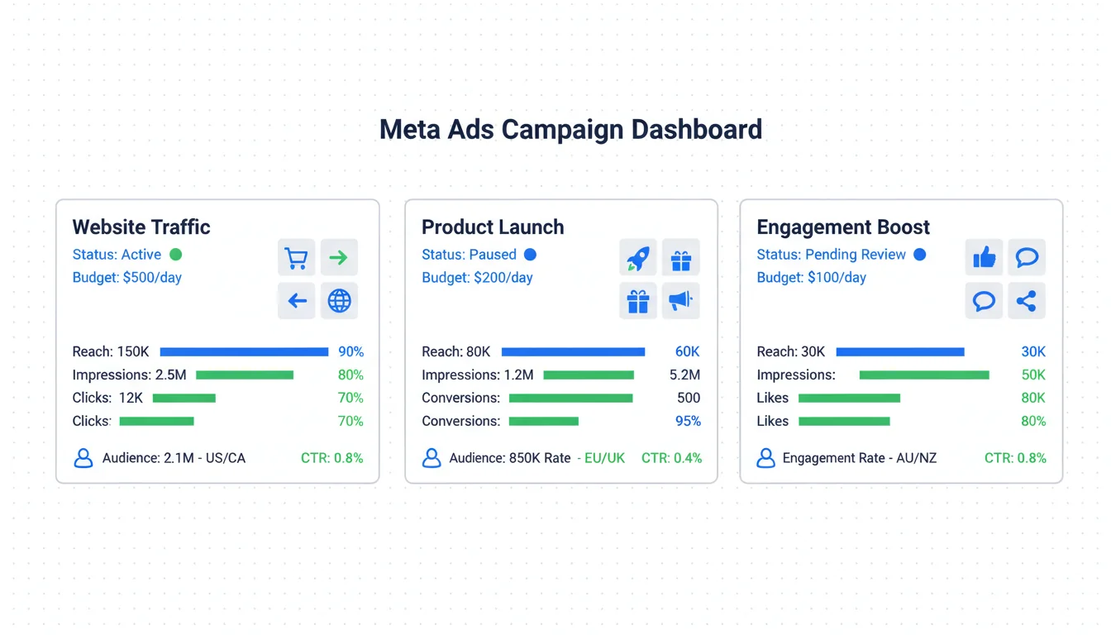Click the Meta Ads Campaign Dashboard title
570,130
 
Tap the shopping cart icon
296,258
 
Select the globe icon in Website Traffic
339,301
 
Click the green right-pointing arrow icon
339,258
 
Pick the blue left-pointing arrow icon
296,301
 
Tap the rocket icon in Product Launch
637,258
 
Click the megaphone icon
680,301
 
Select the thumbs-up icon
984,258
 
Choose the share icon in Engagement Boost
1026,301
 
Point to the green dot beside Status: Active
175,255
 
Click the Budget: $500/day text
127,278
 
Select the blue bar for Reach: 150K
244,352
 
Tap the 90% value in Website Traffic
350,352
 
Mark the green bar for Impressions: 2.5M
245,375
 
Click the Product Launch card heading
493,227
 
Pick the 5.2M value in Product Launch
684,375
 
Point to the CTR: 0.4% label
671,458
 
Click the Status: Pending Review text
831,255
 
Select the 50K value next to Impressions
1033,375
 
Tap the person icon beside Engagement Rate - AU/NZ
766,458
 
